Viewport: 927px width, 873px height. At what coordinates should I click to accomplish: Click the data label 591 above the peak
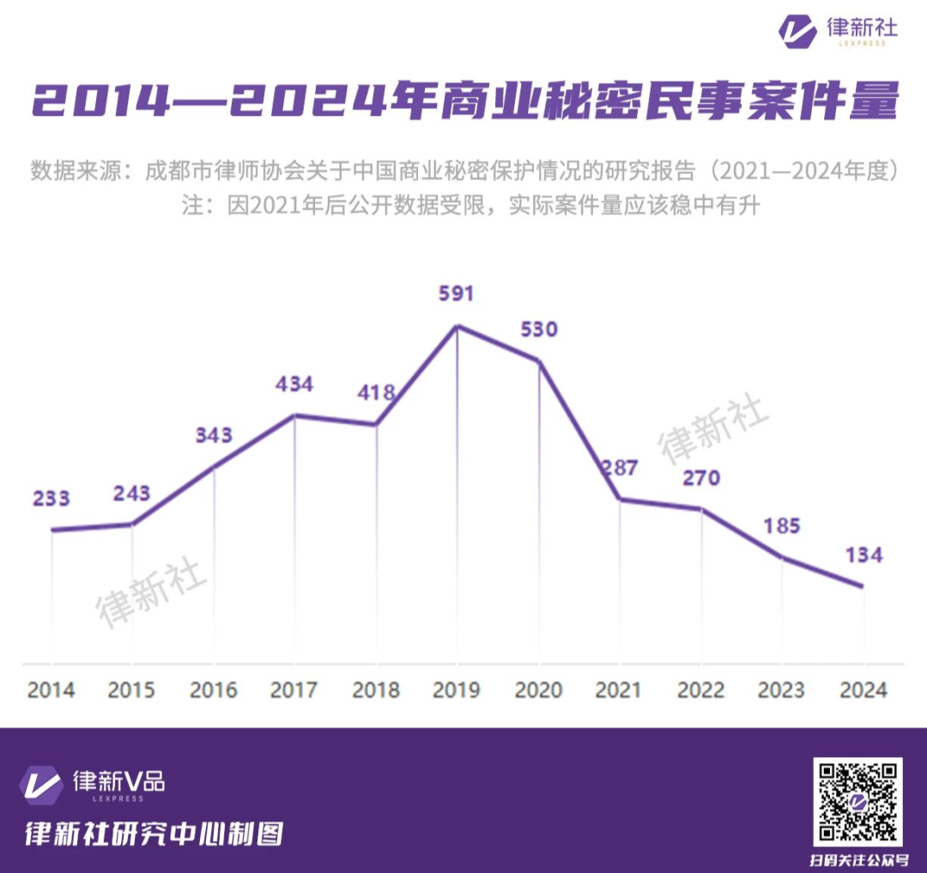(456, 294)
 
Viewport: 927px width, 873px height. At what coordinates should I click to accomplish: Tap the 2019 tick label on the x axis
(456, 689)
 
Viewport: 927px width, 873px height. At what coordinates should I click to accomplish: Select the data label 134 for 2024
(863, 555)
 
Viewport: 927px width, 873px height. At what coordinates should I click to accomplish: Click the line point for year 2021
(620, 499)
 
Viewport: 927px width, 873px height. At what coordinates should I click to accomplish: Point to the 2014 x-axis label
(51, 689)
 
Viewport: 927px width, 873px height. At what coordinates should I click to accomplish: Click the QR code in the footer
(857, 802)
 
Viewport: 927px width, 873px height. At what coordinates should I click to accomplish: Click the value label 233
(51, 499)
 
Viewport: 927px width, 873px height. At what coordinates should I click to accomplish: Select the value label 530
(539, 330)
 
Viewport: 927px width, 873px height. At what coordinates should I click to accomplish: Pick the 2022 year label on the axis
(701, 689)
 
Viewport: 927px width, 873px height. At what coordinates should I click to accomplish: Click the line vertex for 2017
(294, 415)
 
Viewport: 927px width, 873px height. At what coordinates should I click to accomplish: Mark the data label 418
(377, 393)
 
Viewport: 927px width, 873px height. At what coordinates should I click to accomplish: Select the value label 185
(782, 525)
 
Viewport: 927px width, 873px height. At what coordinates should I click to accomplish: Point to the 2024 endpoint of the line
(863, 587)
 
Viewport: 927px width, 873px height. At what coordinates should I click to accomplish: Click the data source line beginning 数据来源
(463, 170)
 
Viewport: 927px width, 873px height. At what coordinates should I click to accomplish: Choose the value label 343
(213, 435)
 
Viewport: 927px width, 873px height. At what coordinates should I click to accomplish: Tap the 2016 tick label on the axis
(213, 689)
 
